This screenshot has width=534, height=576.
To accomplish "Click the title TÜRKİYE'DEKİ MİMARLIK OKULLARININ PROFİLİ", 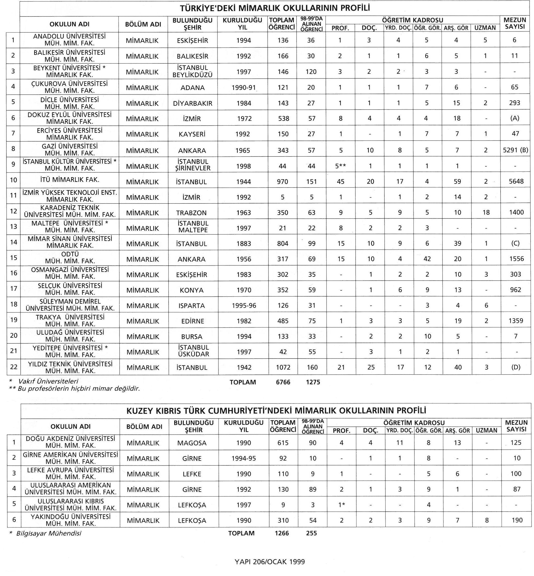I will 275,8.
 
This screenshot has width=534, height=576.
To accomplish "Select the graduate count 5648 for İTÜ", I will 516,182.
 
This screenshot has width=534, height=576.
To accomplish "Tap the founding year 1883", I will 244,244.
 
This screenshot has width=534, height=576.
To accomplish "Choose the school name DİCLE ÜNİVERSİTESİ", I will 70,100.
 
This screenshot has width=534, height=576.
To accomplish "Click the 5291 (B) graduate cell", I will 516,150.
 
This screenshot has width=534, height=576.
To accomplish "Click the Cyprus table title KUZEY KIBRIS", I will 276,411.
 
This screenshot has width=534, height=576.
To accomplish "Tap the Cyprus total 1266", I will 282,533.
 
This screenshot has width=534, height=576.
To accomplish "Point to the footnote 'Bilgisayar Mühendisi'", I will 48,533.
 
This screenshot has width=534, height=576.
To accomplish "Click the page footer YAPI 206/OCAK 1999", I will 270,562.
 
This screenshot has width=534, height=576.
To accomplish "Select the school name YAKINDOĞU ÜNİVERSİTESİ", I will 71,517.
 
